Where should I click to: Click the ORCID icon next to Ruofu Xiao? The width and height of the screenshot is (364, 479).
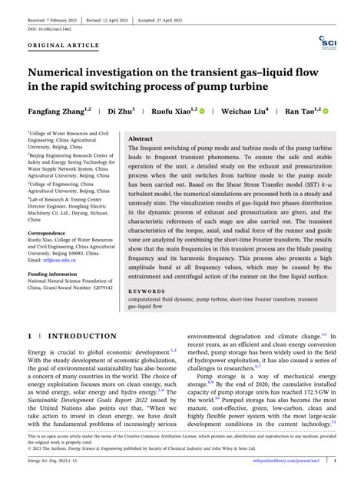203,111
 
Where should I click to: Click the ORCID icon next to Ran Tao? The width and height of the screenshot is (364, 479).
325,111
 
